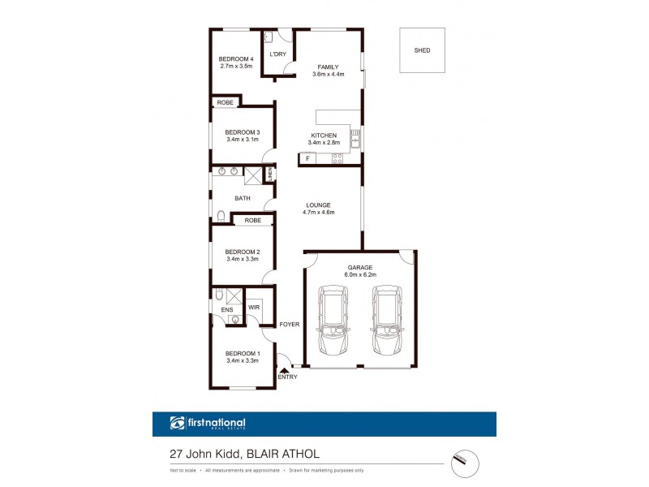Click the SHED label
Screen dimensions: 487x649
coord(422,50)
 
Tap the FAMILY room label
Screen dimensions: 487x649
coord(328,67)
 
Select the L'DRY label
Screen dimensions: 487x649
coord(277,54)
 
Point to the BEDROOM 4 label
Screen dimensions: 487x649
coord(236,59)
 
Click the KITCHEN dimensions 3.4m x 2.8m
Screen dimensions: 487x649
coord(324,143)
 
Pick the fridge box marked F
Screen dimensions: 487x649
coord(308,157)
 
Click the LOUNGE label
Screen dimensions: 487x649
coord(320,205)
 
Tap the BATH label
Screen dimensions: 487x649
coord(243,198)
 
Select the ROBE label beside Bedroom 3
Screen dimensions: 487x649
coord(225,102)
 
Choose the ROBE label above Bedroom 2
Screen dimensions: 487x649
coord(253,220)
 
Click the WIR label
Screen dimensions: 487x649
coord(254,308)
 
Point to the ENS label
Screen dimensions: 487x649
coord(226,309)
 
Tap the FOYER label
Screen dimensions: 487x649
coord(290,325)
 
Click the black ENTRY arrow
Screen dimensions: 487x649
coord(282,369)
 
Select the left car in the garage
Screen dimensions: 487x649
coord(333,320)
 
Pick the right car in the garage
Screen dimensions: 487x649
coord(386,320)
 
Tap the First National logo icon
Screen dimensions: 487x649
coord(178,423)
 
